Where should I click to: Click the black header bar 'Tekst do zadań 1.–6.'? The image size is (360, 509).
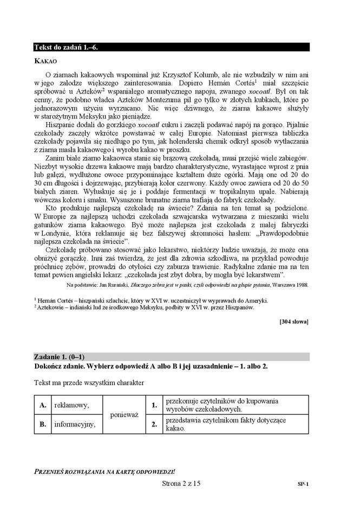pyautogui.click(x=171, y=47)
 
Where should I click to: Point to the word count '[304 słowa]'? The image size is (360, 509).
pyautogui.click(x=293, y=322)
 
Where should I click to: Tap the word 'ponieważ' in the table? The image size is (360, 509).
pyautogui.click(x=125, y=414)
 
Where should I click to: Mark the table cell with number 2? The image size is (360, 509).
pyautogui.click(x=154, y=425)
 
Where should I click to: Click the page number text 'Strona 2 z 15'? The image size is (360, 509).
pyautogui.click(x=181, y=484)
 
